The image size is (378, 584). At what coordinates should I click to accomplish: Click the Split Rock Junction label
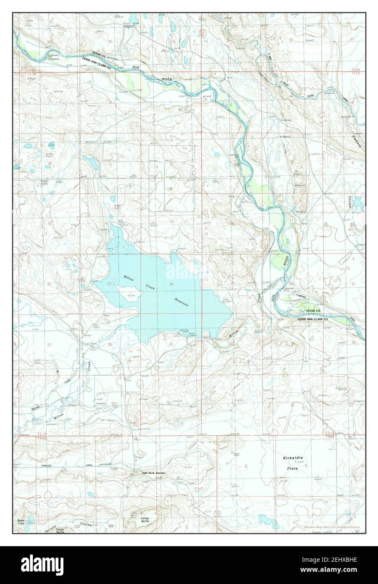(154, 473)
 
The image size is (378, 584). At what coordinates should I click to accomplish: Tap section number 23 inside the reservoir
(109, 284)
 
